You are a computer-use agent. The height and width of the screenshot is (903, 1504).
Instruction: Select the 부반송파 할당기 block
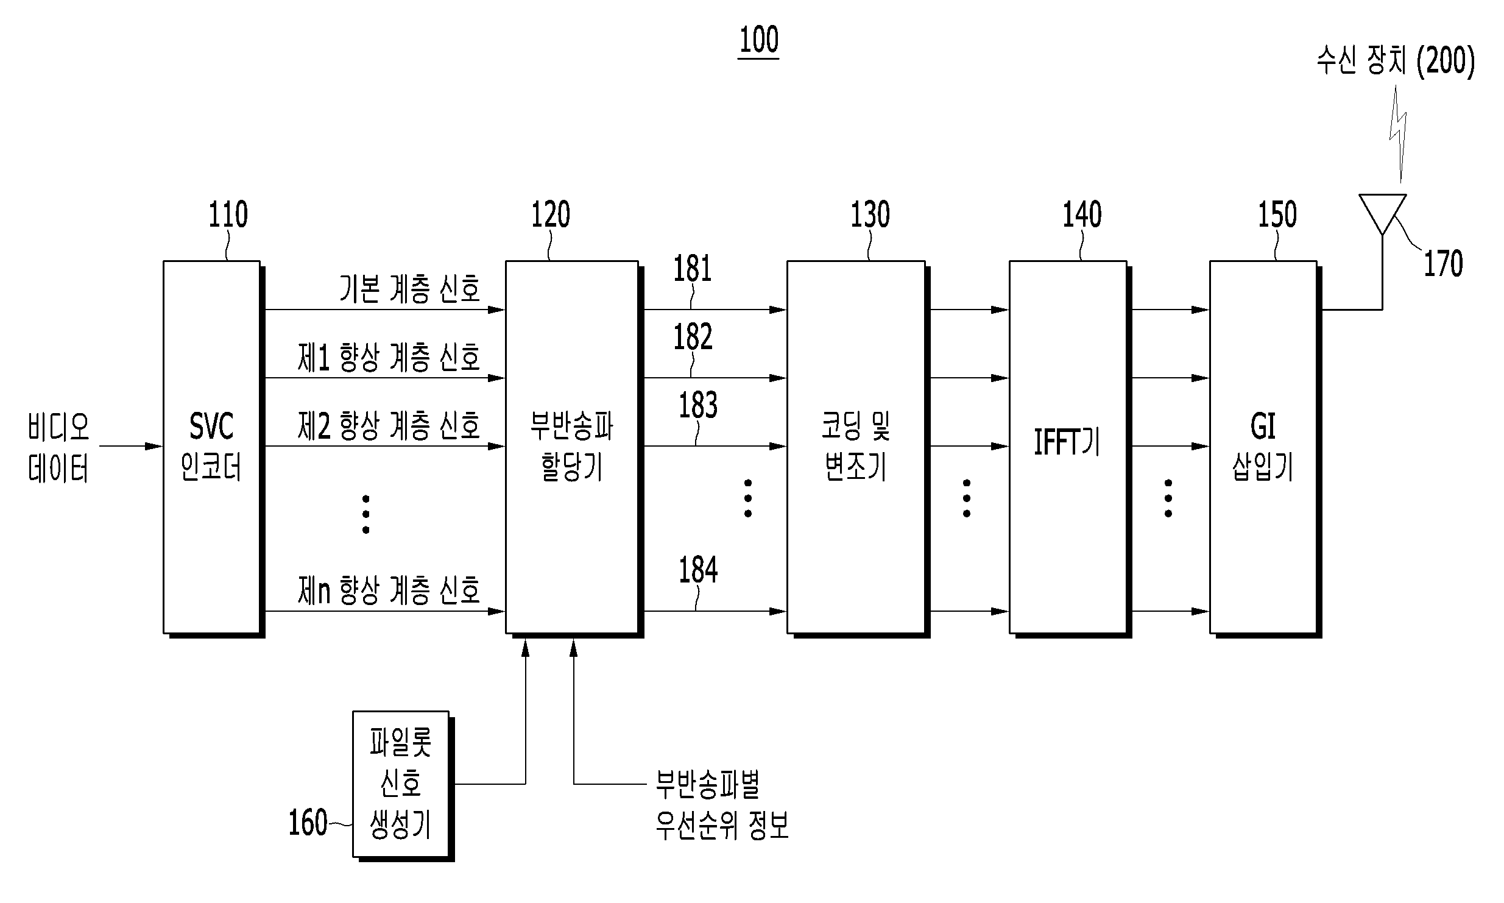tap(574, 448)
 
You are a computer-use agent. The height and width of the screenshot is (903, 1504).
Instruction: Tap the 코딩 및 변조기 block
tap(858, 448)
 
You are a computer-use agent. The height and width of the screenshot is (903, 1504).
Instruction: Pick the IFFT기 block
tap(1070, 448)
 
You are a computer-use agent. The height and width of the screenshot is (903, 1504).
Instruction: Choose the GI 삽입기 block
tap(1265, 448)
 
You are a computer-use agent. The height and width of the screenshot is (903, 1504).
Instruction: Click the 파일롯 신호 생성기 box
tap(403, 786)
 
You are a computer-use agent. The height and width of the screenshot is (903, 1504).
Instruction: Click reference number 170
tap(1443, 264)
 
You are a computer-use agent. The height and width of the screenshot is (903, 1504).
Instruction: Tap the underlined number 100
tap(759, 41)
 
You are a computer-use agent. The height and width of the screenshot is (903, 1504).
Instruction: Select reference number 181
tap(693, 269)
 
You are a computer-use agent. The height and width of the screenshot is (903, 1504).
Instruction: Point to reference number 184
tap(698, 570)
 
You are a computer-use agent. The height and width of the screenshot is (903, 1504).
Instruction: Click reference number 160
tap(308, 823)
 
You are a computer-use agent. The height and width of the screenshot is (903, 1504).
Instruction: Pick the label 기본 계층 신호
tap(410, 288)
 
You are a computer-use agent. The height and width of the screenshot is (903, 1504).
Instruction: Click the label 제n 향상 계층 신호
tap(389, 590)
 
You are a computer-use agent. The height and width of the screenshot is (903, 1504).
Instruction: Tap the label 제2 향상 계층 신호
tap(389, 425)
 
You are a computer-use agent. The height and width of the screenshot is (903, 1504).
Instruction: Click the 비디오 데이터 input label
tap(58, 448)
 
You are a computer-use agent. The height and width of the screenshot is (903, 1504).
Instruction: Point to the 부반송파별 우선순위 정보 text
tap(722, 805)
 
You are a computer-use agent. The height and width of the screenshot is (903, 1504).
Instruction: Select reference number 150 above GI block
tap(1277, 214)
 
